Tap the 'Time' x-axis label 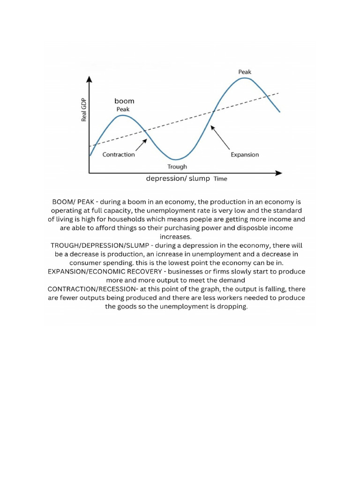coord(220,179)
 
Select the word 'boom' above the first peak coord(124,101)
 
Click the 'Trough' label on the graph coord(177,166)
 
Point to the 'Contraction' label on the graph coord(119,154)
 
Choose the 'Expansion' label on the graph coord(245,154)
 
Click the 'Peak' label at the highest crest coord(245,72)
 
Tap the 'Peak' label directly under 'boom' coord(123,109)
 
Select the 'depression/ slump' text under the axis coord(178,179)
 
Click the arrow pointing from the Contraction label coord(139,145)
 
